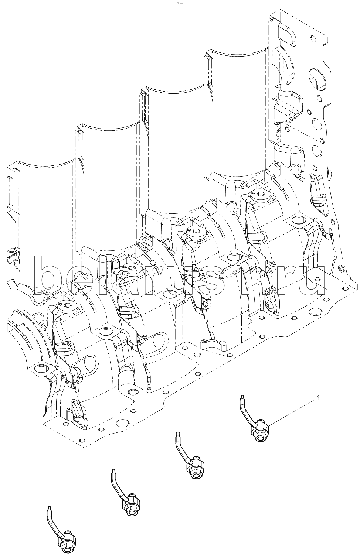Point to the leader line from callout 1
292,412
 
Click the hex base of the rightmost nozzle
261,434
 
